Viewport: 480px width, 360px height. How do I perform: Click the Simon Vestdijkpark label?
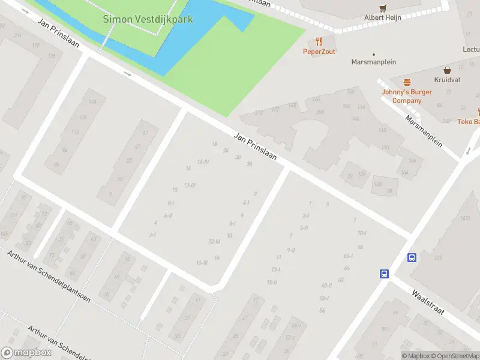pyautogui.click(x=148, y=19)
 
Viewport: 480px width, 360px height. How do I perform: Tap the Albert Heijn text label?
pyautogui.click(x=383, y=18)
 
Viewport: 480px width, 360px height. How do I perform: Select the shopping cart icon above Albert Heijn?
pyautogui.click(x=383, y=8)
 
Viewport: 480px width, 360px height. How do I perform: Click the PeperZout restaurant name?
pyautogui.click(x=319, y=52)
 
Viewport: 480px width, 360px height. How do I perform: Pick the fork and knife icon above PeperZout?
pyautogui.click(x=319, y=41)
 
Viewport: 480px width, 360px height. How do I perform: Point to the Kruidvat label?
pyautogui.click(x=447, y=80)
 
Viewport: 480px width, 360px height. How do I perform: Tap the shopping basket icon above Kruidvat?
pyautogui.click(x=447, y=70)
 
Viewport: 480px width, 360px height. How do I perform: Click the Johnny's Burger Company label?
pyautogui.click(x=407, y=96)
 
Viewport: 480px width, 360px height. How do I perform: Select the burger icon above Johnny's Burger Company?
pyautogui.click(x=407, y=82)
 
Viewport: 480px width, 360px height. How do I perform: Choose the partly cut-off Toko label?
pyautogui.click(x=468, y=122)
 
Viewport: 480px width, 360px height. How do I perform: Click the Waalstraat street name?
pyautogui.click(x=427, y=304)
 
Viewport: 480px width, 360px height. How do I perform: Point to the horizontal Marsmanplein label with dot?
pyautogui.click(x=373, y=62)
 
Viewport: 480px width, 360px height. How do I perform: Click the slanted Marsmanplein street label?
pyautogui.click(x=424, y=131)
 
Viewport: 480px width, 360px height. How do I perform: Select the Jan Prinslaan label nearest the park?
pyautogui.click(x=59, y=35)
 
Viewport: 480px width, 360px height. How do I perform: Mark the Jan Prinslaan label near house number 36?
pyautogui.click(x=255, y=146)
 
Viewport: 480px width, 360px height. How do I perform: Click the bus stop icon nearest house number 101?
pyautogui.click(x=412, y=257)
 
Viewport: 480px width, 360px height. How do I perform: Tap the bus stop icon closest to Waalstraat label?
pyautogui.click(x=384, y=274)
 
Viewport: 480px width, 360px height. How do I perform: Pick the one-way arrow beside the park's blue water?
pyautogui.click(x=127, y=74)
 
